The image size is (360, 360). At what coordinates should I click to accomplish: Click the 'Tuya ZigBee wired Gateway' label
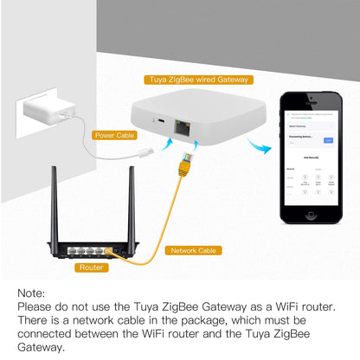pyautogui.click(x=198, y=80)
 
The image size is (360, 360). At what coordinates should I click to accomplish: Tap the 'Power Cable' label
pyautogui.click(x=116, y=135)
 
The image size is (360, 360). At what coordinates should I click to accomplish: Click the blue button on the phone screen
pyautogui.click(x=328, y=139)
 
